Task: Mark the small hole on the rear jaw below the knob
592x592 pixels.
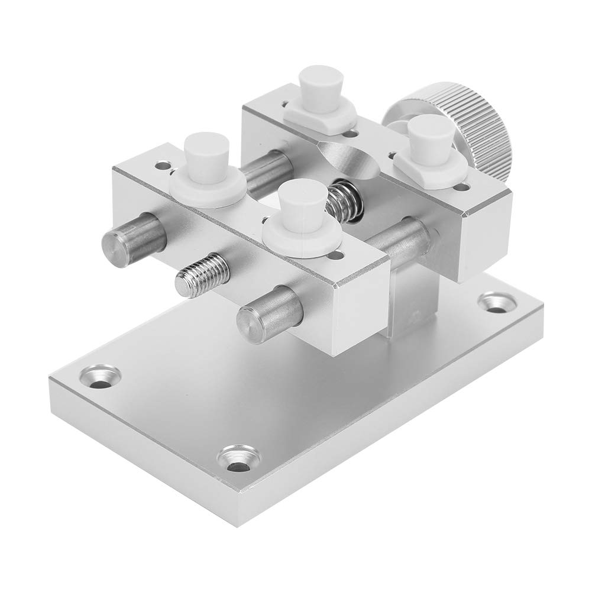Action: [462, 187]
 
